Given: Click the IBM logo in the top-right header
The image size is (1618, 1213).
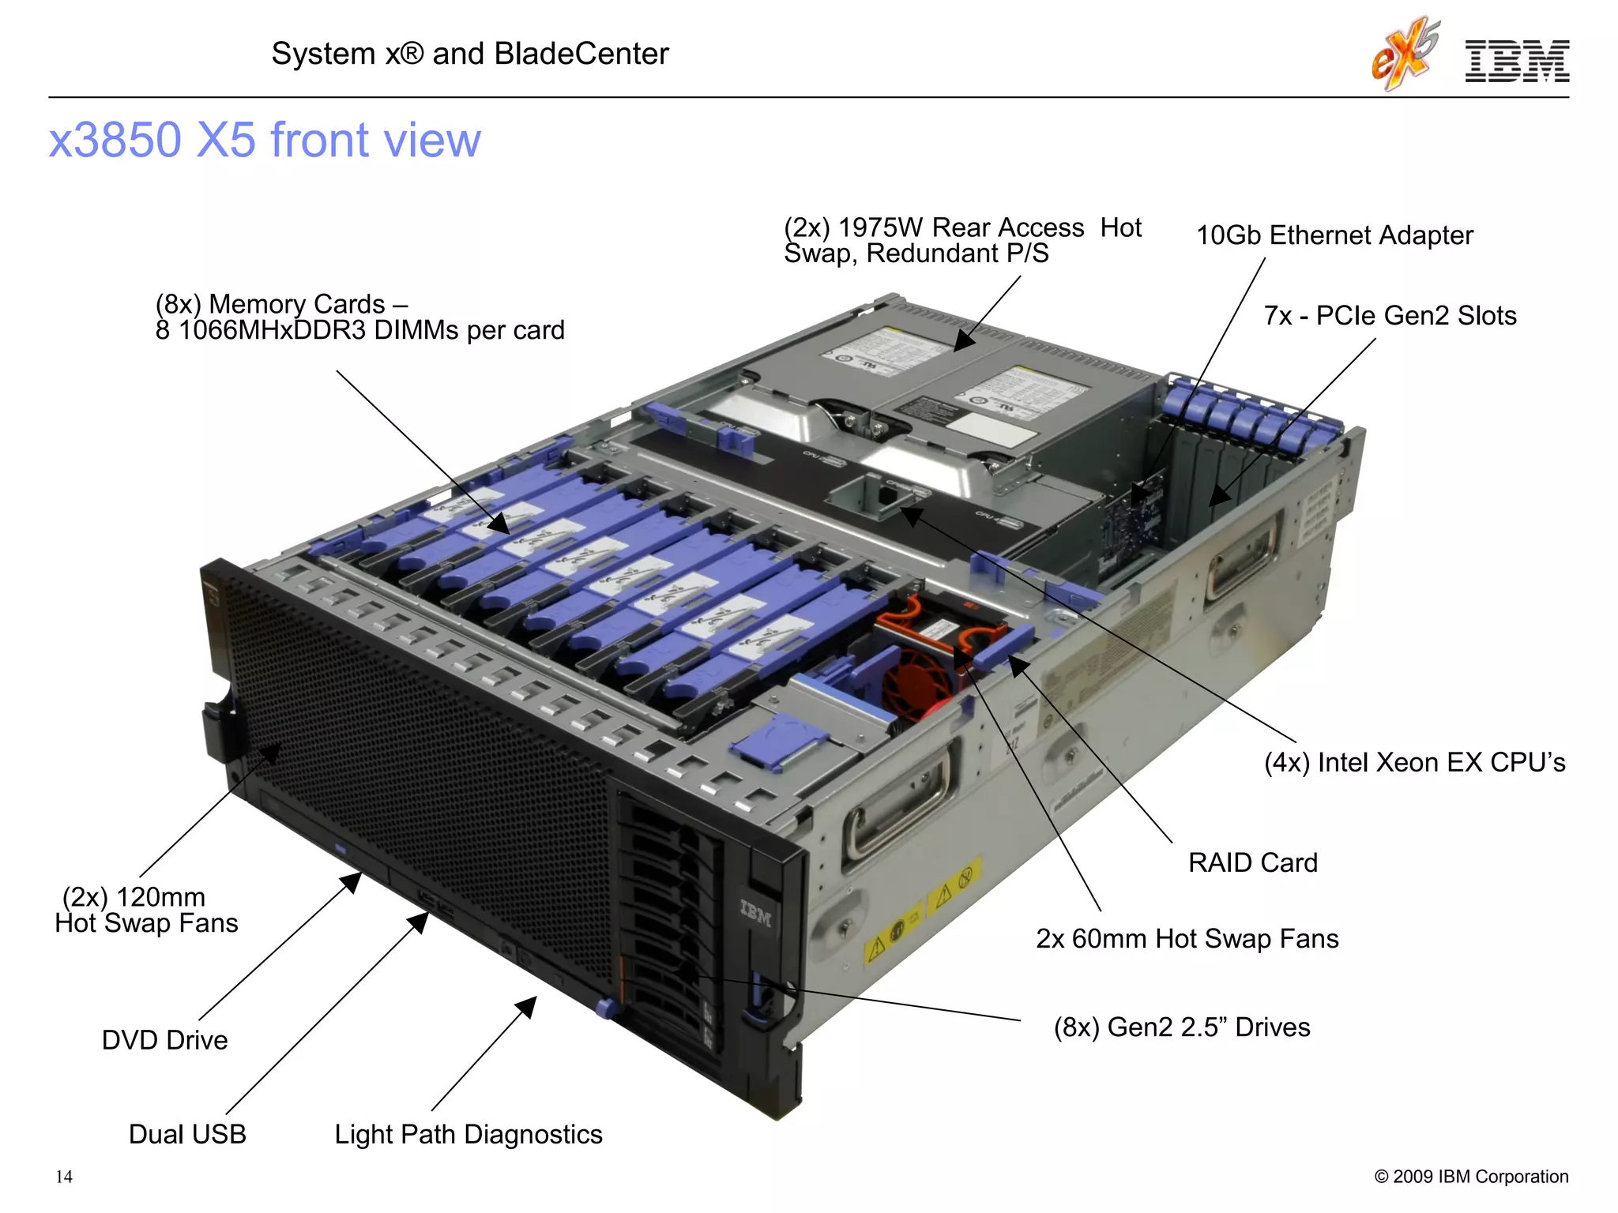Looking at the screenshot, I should point(1517,62).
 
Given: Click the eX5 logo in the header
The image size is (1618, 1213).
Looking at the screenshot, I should point(1405,55).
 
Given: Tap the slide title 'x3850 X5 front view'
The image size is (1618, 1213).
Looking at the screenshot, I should point(265,140).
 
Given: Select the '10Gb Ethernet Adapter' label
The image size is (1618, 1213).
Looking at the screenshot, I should point(1334,235).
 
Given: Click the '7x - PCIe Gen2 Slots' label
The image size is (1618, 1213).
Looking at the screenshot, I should point(1390,316).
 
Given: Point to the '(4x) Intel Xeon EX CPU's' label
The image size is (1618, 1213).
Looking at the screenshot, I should point(1414,762).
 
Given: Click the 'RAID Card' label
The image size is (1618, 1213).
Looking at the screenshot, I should point(1253,862).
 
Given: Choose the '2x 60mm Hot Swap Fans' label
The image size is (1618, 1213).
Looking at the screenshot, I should point(1187,938).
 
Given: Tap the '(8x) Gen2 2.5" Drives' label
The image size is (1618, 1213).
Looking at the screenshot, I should point(1182,1027).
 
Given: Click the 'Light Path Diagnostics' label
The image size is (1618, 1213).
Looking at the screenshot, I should point(468,1134).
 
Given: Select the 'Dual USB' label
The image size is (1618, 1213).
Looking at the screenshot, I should point(187,1134).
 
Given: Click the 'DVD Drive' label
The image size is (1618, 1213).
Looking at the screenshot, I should point(164,1040).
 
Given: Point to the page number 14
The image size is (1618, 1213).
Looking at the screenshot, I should point(64,1177).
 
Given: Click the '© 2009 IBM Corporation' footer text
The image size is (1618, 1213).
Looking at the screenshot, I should point(1471,1177).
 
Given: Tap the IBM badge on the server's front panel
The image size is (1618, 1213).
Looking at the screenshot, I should point(755,914).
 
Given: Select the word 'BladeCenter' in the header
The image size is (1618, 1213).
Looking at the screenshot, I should point(581,54).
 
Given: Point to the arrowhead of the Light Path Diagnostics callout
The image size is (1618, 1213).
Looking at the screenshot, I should point(528,1006).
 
